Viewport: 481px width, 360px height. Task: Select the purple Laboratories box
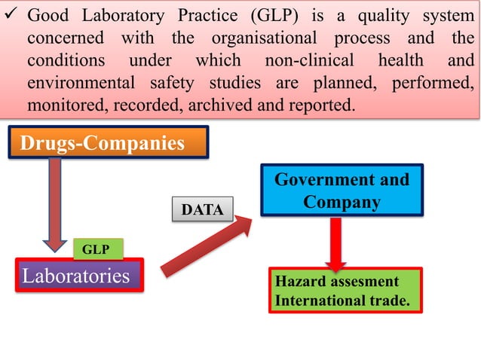(78, 276)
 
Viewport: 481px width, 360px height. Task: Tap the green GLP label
(97, 249)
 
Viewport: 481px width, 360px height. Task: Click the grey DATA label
(203, 210)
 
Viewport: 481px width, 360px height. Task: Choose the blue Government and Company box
(342, 191)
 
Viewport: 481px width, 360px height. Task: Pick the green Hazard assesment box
(345, 290)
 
